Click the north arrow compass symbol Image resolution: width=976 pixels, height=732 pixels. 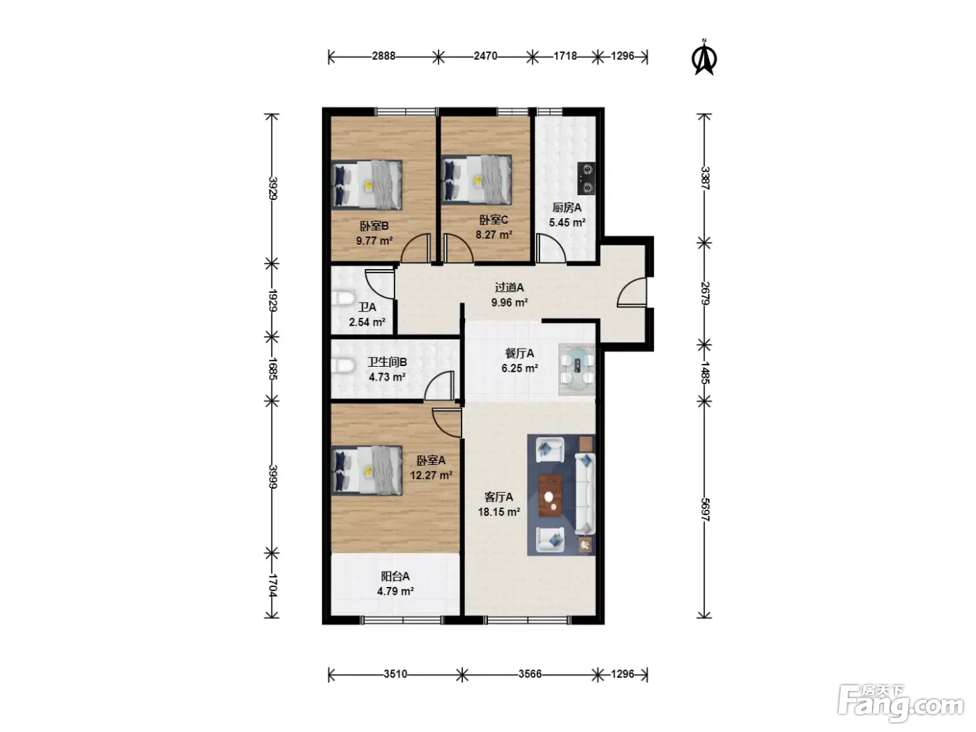(x=704, y=59)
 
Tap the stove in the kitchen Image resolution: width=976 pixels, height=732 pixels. (x=586, y=178)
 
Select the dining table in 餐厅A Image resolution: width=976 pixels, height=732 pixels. (x=577, y=369)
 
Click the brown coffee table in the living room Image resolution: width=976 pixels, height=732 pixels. (x=550, y=495)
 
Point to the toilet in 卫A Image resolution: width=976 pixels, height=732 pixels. (x=343, y=298)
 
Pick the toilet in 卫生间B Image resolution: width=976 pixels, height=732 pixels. (x=343, y=366)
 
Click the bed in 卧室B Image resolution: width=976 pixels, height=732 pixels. (x=367, y=185)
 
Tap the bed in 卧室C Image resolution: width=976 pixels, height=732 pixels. (x=477, y=180)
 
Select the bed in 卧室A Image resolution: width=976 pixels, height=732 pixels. (x=367, y=470)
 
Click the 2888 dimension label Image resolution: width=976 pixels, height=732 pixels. (x=383, y=56)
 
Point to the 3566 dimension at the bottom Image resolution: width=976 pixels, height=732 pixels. (x=530, y=673)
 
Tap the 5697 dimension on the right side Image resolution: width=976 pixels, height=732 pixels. (x=705, y=510)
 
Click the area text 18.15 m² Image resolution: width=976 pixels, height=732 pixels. (x=499, y=512)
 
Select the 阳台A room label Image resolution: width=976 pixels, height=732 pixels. (x=395, y=577)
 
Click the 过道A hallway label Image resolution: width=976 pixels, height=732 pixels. (x=509, y=287)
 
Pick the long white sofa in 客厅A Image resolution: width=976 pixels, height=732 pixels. (x=585, y=494)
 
